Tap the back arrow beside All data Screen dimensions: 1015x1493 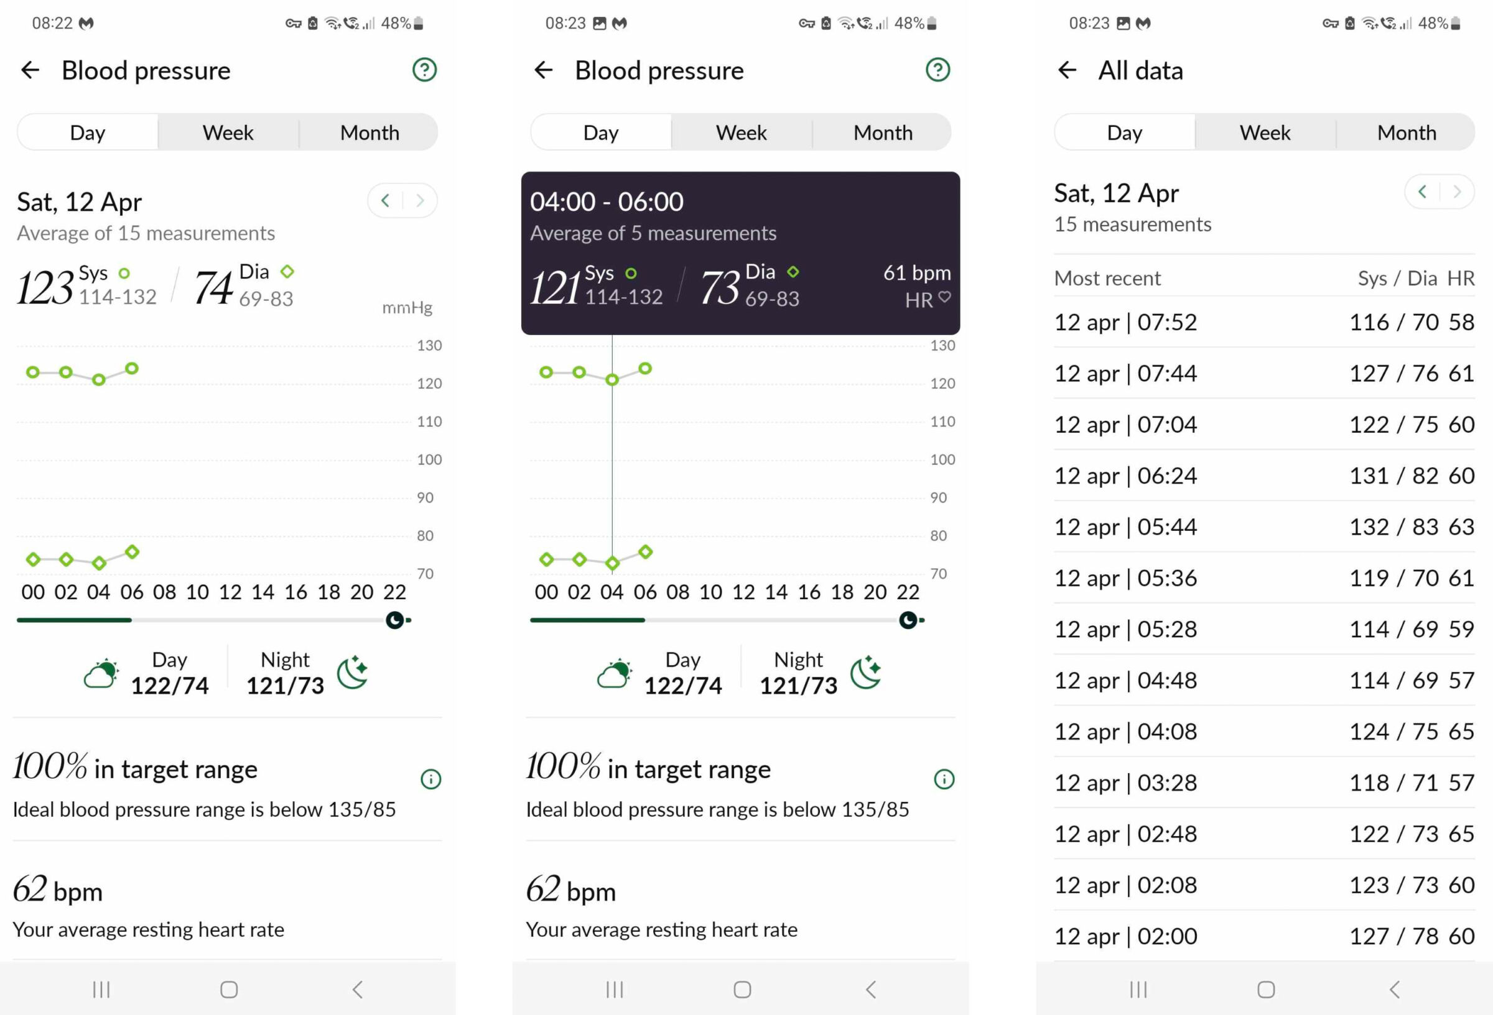[1066, 70]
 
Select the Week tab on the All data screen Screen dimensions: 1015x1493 [1264, 132]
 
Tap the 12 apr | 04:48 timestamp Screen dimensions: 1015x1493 [1125, 681]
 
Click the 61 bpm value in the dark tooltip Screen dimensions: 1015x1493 [916, 273]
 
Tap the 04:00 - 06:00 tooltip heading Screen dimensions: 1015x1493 [607, 202]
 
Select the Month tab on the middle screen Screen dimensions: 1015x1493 [882, 132]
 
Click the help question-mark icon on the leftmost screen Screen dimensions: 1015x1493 [424, 70]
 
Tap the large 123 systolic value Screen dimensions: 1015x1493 [45, 287]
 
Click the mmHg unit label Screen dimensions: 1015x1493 [407, 308]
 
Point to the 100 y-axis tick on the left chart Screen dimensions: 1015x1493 [429, 460]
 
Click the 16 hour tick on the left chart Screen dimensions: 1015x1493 [295, 592]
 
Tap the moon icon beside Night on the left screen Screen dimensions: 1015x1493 [353, 673]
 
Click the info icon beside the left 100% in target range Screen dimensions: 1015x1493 [430, 779]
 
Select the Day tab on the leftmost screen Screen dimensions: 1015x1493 [87, 132]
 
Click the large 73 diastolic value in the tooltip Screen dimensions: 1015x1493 [720, 287]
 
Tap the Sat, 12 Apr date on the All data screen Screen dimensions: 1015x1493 [1116, 193]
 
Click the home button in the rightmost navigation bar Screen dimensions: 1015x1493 [1265, 990]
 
